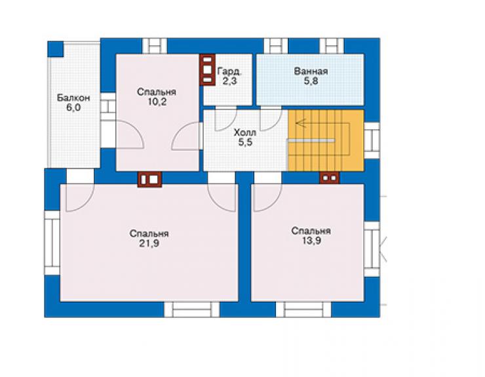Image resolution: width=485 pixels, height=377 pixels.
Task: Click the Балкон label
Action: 73,98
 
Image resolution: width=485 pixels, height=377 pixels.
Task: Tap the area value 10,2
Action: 157,102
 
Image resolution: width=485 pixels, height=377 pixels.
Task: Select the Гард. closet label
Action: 229,71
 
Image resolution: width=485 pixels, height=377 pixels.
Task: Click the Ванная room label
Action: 311,71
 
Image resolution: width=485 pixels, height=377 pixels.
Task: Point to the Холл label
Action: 245,133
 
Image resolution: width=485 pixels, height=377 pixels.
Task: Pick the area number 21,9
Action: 149,243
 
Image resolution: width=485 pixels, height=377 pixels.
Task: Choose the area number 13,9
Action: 311,241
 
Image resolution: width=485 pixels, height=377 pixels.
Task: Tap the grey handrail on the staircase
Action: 311,140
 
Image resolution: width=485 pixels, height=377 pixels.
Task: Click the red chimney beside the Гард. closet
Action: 208,69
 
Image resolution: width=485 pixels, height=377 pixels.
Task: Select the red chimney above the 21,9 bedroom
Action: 149,180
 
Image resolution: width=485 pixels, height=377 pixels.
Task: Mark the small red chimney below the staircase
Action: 330,178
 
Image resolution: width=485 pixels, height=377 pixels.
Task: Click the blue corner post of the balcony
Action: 55,49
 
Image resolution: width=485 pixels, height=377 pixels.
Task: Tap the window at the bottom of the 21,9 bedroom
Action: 192,309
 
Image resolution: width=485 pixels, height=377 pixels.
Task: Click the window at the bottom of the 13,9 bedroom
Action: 303,309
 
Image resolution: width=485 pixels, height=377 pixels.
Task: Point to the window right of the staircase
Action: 372,140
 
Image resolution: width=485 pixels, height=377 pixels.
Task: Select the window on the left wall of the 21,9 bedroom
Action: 52,243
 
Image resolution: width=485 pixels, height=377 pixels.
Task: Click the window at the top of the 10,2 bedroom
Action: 155,46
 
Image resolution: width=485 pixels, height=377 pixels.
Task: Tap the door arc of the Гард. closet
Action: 226,119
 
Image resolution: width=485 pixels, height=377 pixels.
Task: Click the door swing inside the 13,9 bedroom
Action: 268,198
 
